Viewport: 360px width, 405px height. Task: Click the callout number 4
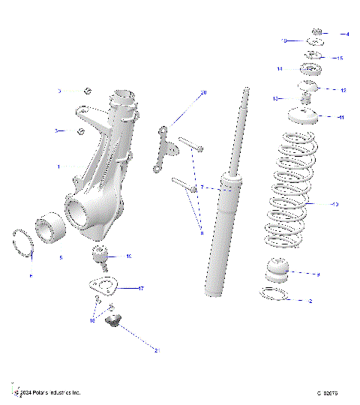click(x=346, y=34)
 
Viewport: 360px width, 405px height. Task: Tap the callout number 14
click(x=280, y=70)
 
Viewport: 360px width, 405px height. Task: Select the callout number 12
click(x=343, y=90)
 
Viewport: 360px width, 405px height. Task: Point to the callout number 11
click(x=341, y=117)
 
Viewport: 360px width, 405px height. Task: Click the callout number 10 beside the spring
click(x=334, y=203)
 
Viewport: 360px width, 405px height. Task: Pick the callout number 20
click(x=202, y=93)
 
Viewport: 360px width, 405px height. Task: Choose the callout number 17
click(x=139, y=287)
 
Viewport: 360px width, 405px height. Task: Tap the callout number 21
click(x=157, y=350)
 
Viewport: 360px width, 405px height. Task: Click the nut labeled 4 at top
click(x=317, y=32)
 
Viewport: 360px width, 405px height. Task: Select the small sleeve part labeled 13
click(x=305, y=99)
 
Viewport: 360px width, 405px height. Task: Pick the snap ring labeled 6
click(x=24, y=246)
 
